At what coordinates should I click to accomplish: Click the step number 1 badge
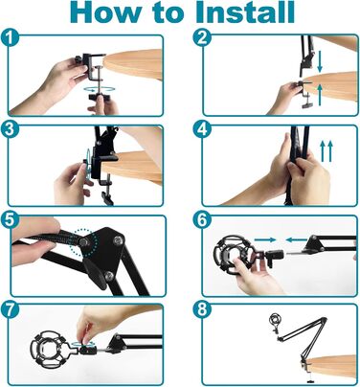11,38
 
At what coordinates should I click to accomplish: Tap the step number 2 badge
202,37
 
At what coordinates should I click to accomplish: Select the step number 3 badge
11,129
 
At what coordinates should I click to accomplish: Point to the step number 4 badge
202,129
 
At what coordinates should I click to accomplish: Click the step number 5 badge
11,219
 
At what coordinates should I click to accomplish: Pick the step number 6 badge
202,219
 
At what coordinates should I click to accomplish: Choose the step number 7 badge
11,309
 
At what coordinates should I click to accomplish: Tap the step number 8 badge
202,309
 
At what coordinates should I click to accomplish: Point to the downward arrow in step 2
320,61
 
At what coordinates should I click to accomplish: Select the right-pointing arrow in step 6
265,239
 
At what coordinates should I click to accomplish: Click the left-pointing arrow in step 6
297,239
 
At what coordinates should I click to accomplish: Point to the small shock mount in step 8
274,321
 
